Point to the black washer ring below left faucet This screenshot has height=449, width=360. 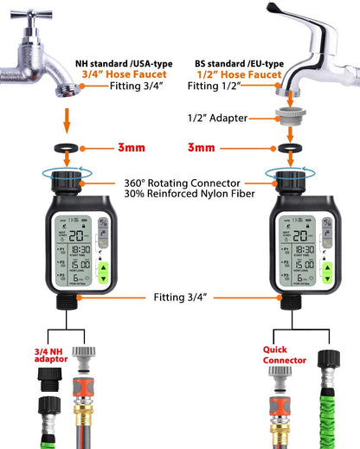(66, 148)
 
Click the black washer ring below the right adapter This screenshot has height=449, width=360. (286, 148)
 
